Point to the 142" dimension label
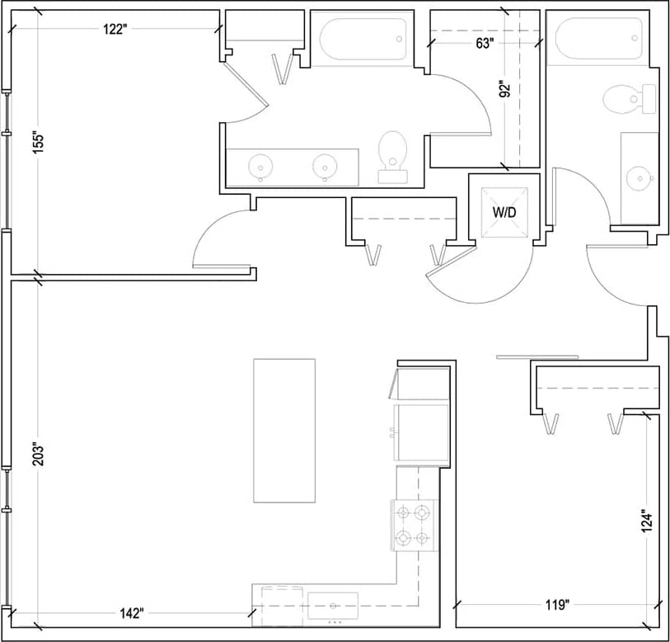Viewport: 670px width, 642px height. click(x=130, y=612)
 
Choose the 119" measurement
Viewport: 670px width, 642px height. click(x=557, y=606)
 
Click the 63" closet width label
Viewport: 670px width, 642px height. click(x=485, y=43)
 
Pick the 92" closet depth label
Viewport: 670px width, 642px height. click(x=506, y=88)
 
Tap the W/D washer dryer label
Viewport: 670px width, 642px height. click(x=504, y=212)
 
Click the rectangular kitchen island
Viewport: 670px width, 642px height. click(x=284, y=430)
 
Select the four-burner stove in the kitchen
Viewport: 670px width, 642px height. click(x=413, y=526)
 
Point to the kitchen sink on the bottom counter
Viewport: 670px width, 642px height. click(x=333, y=606)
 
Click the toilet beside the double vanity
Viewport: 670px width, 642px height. click(x=393, y=155)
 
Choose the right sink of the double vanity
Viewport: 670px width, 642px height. click(x=326, y=166)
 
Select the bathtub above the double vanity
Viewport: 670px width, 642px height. click(x=361, y=38)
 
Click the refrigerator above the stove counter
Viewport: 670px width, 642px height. click(x=422, y=431)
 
